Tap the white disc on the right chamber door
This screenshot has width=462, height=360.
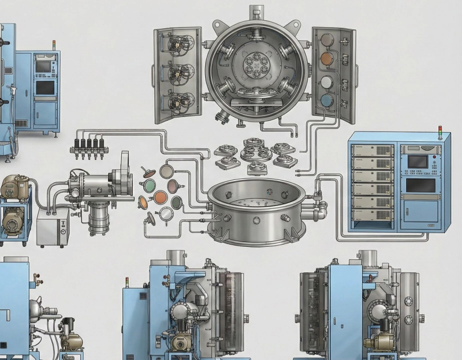pos(326,81)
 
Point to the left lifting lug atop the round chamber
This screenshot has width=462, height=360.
pos(218,24)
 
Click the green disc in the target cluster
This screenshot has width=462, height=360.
pos(148,185)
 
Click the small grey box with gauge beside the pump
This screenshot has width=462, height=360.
pos(53,224)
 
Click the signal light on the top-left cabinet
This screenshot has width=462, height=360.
pos(54,43)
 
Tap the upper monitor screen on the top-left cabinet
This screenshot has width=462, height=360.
pos(43,66)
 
